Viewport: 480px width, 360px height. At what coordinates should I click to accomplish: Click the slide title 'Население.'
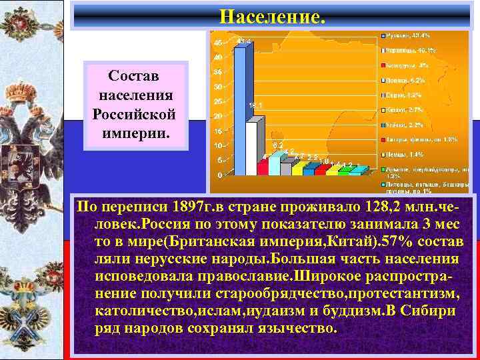(273, 15)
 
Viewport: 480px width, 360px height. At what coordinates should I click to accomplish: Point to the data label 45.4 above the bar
(244, 41)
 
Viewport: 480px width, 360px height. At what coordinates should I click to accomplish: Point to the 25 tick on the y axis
(218, 101)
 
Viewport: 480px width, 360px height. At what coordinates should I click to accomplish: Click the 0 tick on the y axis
(220, 175)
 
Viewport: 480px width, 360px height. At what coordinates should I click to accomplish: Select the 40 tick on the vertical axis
(218, 57)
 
